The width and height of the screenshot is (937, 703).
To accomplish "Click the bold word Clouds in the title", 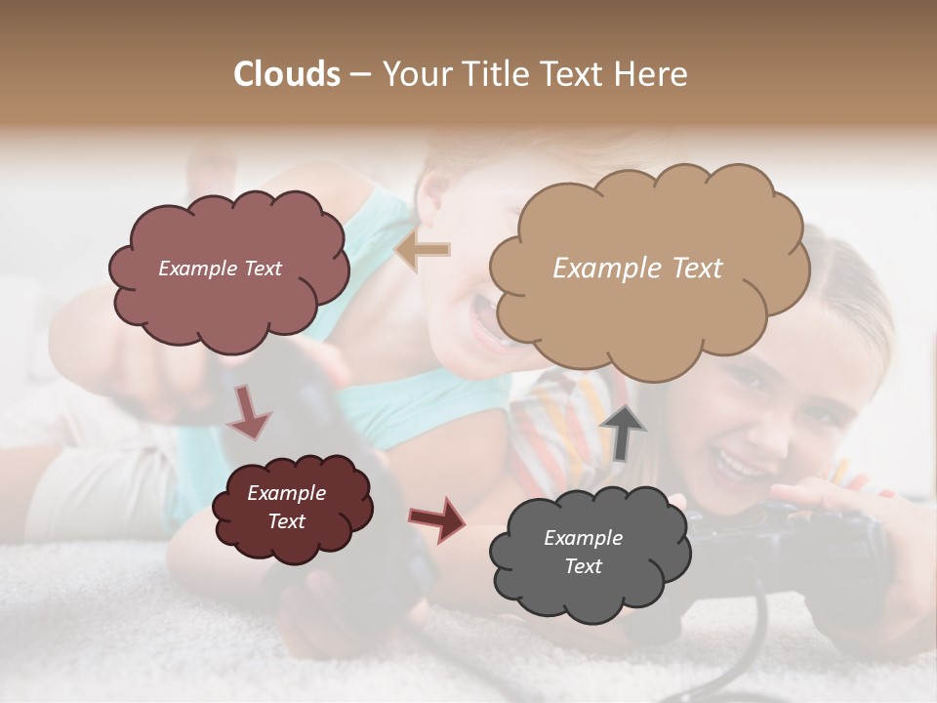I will [x=287, y=74].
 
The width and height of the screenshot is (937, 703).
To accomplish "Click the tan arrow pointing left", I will [x=423, y=251].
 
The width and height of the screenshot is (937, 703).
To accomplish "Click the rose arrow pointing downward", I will [x=249, y=413].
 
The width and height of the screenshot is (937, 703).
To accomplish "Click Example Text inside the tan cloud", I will [x=637, y=269].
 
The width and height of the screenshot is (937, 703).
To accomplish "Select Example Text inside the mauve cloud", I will [x=220, y=269].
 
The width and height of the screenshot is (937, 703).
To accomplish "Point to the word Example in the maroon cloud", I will [x=286, y=493].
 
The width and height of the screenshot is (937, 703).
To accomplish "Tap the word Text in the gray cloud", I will [x=583, y=566].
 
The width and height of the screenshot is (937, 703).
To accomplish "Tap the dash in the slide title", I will [x=360, y=74].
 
